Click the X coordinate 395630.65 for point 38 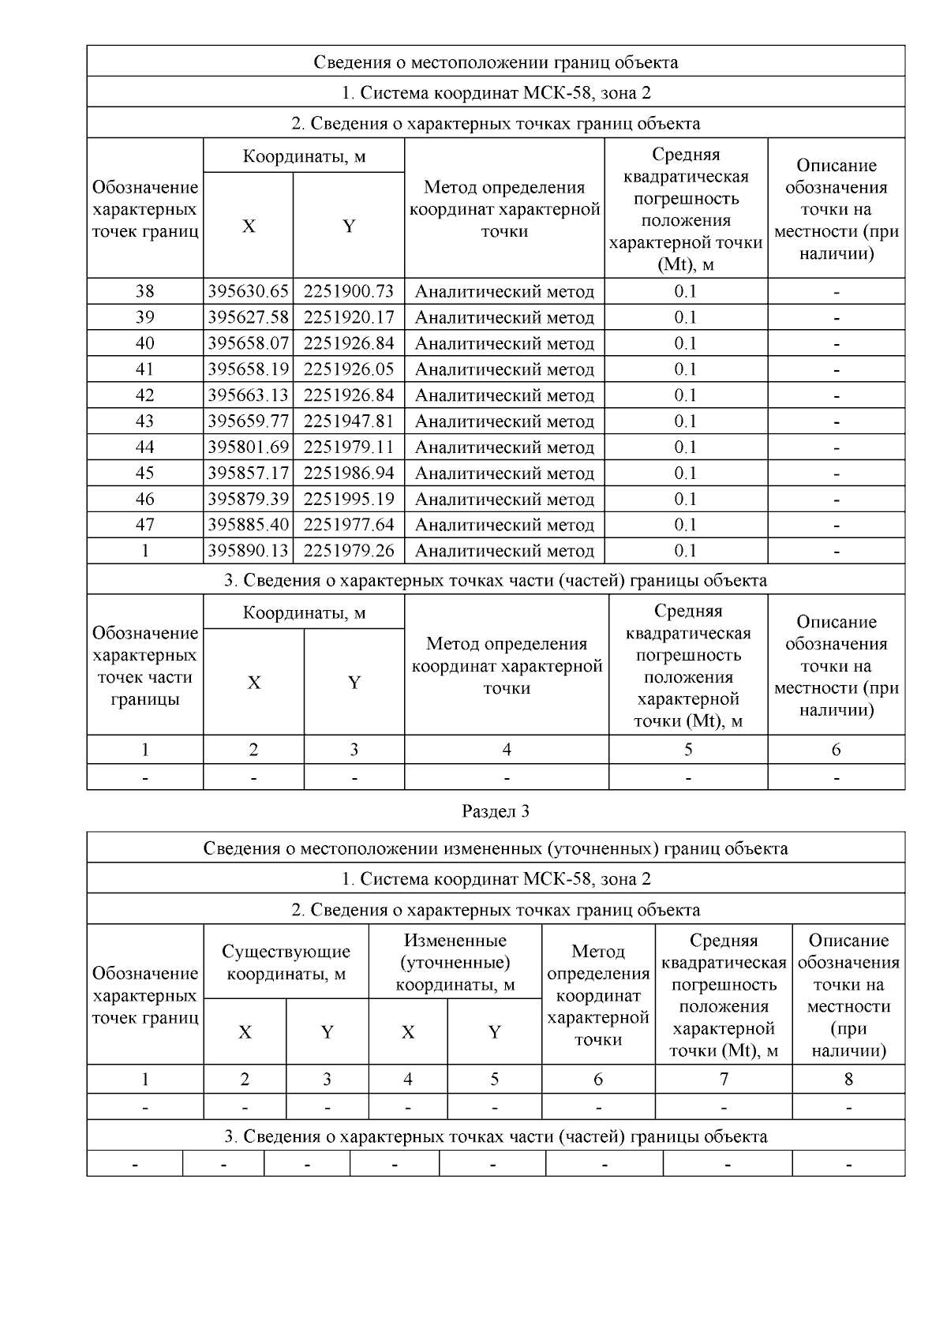click(248, 291)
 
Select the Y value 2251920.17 click(348, 317)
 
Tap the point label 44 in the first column click(145, 447)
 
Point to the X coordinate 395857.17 click(248, 473)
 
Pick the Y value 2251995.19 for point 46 click(348, 499)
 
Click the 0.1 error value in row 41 click(685, 369)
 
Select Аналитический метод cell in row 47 click(504, 525)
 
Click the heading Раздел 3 click(495, 811)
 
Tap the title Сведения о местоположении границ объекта click(495, 62)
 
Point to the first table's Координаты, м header click(304, 156)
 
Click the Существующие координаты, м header click(286, 963)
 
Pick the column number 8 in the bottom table click(848, 1079)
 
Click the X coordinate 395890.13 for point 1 click(248, 551)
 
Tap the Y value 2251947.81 click(348, 421)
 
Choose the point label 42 click(145, 395)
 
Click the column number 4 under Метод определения click(506, 750)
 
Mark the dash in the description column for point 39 click(836, 318)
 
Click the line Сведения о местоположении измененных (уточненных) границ click(495, 848)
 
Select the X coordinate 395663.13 click(248, 395)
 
